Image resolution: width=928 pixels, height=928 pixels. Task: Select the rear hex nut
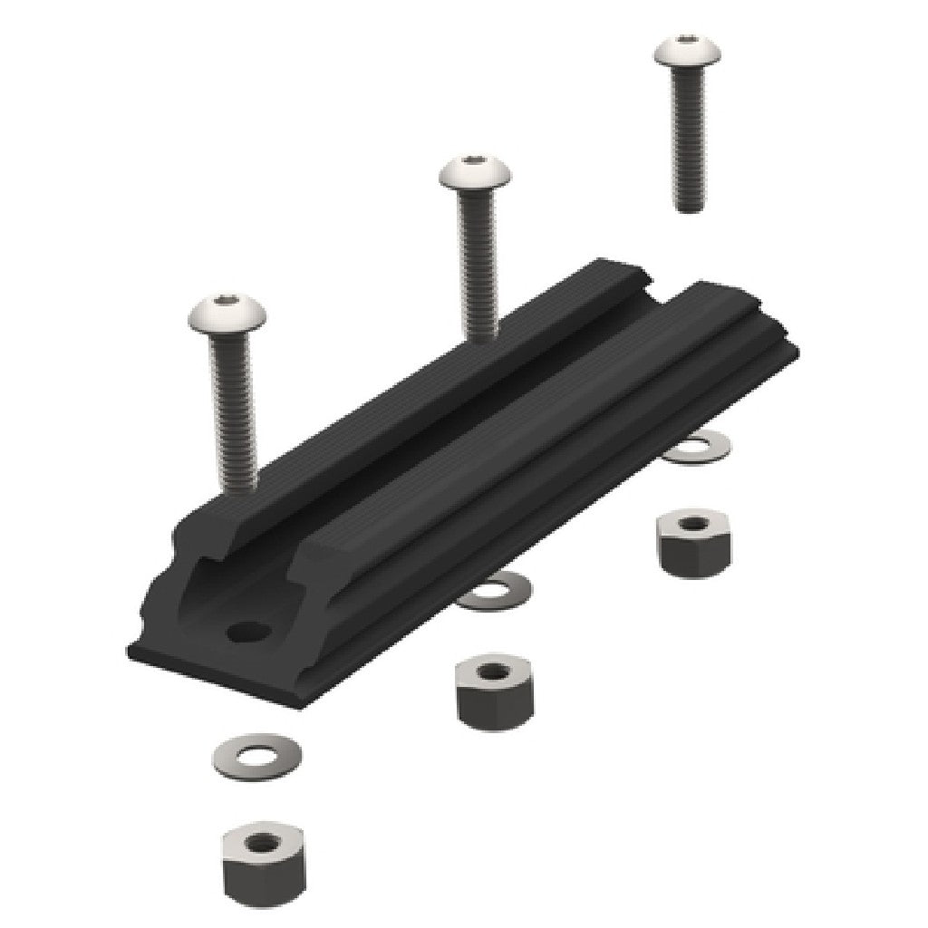coord(691,540)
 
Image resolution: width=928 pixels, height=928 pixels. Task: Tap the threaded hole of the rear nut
coord(691,524)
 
